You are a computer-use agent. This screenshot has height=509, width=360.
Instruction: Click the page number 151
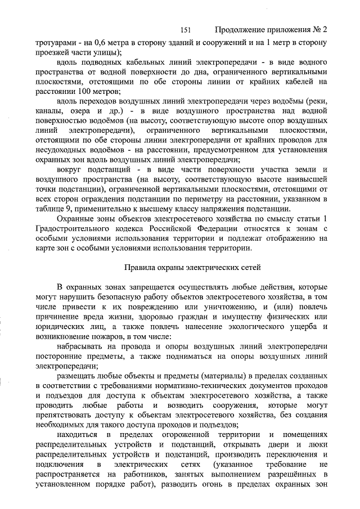(x=187, y=29)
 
